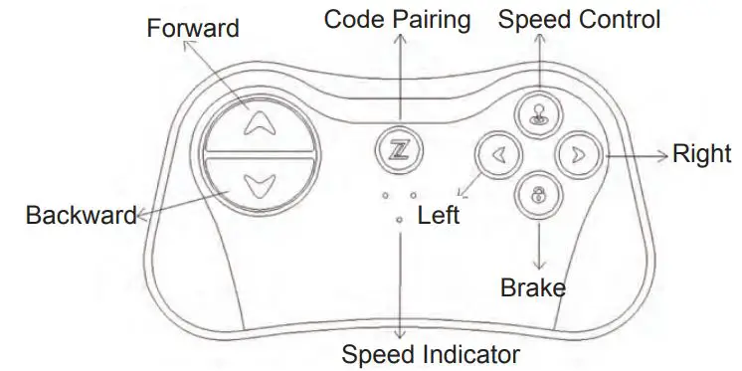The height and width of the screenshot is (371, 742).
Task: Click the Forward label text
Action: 193,28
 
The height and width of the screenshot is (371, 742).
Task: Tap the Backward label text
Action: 81,215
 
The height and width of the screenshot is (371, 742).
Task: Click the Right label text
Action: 702,154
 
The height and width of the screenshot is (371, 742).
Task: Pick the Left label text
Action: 439,214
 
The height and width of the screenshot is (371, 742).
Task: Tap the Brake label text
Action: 532,289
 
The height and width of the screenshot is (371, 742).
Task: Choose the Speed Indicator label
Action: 430,353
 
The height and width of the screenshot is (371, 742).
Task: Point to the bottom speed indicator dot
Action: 400,219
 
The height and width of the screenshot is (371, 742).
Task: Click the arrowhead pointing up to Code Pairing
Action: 400,38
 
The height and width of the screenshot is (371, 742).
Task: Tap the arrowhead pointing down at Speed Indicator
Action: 401,334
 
